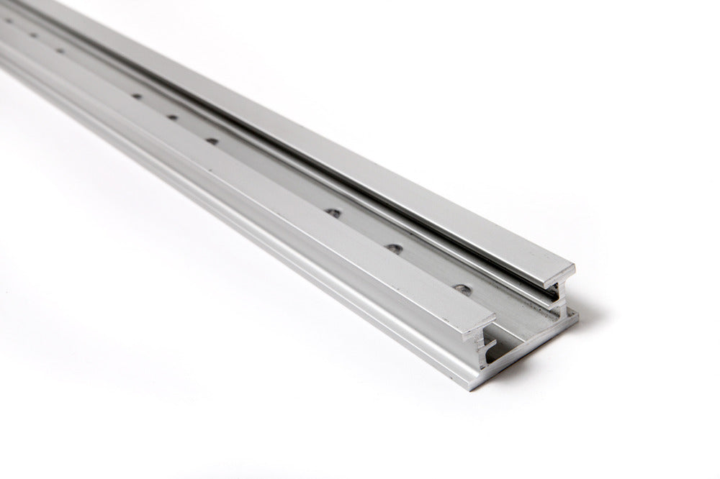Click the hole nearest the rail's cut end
click(464, 290)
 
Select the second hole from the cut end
click(394, 248)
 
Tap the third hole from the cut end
click(333, 213)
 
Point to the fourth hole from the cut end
click(212, 141)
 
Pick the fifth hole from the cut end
click(172, 117)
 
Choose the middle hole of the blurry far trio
click(32, 35)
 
